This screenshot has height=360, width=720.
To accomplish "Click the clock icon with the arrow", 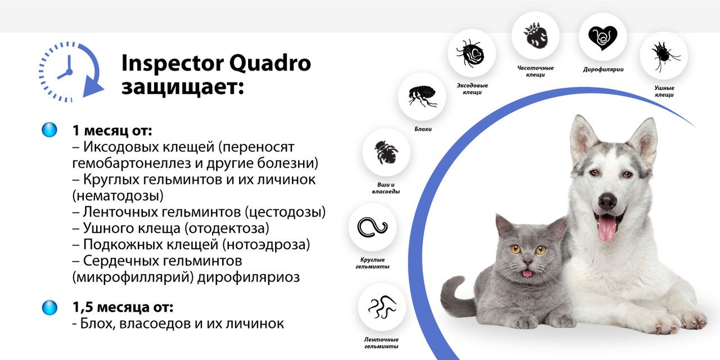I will [71, 71].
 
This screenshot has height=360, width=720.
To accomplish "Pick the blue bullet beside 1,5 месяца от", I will [49, 307].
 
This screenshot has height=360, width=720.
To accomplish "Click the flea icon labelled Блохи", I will [421, 96].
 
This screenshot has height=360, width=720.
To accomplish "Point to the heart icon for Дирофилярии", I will [602, 37].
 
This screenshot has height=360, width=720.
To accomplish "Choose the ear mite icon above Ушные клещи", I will [664, 55].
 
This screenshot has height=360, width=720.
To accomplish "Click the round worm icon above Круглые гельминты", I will [372, 227].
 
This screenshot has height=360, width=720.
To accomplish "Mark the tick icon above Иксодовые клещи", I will [471, 53].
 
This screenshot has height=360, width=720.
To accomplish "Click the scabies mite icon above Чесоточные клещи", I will [535, 35].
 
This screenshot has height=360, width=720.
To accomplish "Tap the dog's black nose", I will [607, 200].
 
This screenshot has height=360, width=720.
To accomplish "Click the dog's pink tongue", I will [606, 228].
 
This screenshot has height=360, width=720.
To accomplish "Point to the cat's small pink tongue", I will [527, 273].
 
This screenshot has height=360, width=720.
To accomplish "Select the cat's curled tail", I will [453, 295].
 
